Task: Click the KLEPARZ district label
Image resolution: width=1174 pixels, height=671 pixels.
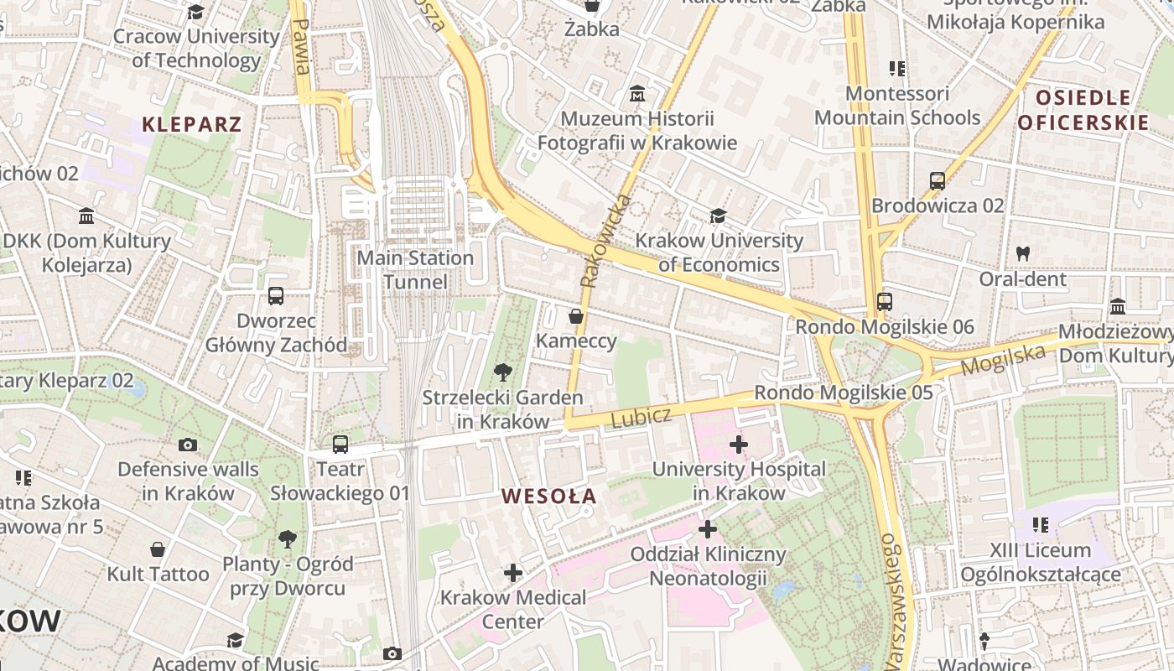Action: click(x=192, y=125)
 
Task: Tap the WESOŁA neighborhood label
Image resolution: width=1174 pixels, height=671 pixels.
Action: click(x=549, y=496)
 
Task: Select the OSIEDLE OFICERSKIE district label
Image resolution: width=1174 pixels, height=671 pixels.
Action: click(x=1083, y=110)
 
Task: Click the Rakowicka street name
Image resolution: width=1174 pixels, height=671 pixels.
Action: click(x=605, y=241)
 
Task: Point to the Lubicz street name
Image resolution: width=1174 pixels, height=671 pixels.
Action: click(x=641, y=417)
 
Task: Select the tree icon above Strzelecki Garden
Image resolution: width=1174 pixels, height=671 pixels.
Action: click(x=502, y=372)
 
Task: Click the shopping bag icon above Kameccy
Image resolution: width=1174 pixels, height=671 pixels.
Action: click(x=576, y=316)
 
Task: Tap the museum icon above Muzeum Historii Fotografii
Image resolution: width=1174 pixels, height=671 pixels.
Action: click(x=637, y=93)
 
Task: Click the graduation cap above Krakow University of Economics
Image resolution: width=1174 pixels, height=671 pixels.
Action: click(x=718, y=216)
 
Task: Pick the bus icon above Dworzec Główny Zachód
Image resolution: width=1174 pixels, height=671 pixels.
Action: click(x=276, y=296)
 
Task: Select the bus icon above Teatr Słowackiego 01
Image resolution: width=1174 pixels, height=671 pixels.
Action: click(x=340, y=445)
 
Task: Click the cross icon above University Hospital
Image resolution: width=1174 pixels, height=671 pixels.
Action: click(x=738, y=444)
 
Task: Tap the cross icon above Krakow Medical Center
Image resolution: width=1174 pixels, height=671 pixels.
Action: click(x=513, y=573)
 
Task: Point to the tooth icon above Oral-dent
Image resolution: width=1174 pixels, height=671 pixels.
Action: click(x=1022, y=252)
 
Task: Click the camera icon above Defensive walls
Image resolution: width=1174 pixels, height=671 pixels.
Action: click(x=188, y=445)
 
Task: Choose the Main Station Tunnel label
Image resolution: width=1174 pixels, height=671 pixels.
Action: click(x=416, y=269)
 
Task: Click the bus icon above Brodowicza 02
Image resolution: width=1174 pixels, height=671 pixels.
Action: click(x=938, y=180)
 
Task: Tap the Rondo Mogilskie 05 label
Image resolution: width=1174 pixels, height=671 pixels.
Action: click(x=843, y=393)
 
